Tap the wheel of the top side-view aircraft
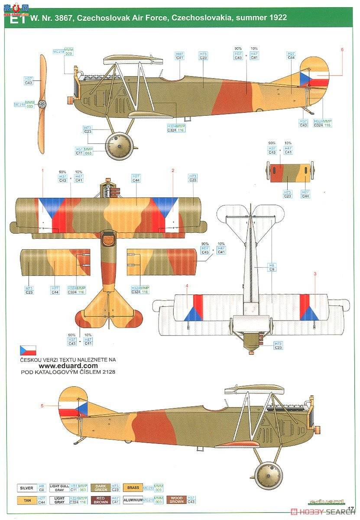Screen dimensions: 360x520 pyautogui.click(x=119, y=146)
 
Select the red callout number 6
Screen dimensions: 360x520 pyautogui.click(x=342, y=49)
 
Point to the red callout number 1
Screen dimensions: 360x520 pyautogui.click(x=42, y=171)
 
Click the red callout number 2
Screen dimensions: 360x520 pyautogui.click(x=172, y=171)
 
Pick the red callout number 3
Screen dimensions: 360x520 pyautogui.click(x=315, y=274)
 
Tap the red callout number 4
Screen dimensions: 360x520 pyautogui.click(x=187, y=286)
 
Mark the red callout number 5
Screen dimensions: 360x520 pyautogui.click(x=42, y=406)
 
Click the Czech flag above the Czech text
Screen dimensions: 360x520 pyautogui.click(x=28, y=350)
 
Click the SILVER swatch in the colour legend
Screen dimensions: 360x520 pyautogui.click(x=27, y=488)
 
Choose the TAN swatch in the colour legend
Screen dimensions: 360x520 pyautogui.click(x=27, y=500)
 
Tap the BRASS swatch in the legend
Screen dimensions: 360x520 pyautogui.click(x=133, y=488)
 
